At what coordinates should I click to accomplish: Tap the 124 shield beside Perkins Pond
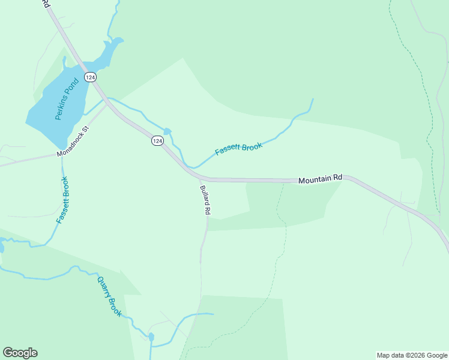pos(90,77)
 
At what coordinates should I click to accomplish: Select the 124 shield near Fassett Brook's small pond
pos(157,140)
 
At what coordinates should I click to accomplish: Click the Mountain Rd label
pos(320,178)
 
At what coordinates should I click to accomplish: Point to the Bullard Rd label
pos(205,200)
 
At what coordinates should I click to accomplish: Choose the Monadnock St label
pos(73,142)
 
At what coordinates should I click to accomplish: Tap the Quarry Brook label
pos(109,295)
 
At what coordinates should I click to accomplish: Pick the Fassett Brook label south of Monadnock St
pos(62,200)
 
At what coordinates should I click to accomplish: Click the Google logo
pos(20,353)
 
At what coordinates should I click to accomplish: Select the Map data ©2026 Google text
pos(411,355)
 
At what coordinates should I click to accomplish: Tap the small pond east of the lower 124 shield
pos(167,131)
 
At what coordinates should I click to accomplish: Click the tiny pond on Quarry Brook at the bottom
pos(151,337)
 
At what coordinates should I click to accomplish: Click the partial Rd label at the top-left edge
pos(45,4)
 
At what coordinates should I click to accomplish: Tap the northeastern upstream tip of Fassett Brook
pos(312,100)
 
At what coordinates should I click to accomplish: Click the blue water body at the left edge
pos(2,246)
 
